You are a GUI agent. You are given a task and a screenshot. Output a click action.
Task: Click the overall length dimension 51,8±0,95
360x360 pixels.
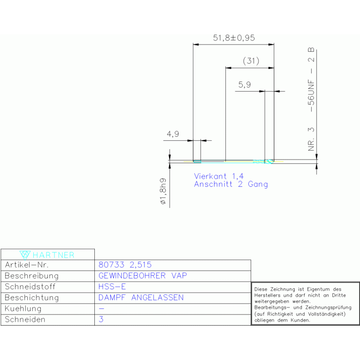[234, 38]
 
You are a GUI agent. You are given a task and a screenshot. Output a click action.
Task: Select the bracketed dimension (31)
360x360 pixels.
[251, 61]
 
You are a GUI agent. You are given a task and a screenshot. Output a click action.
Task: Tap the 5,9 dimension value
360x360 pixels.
[245, 84]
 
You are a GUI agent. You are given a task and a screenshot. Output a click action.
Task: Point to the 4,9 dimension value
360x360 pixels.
[173, 134]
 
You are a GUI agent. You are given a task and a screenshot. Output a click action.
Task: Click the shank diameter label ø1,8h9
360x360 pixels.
[163, 191]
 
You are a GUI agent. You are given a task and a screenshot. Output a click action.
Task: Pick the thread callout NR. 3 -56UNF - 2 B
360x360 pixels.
[311, 99]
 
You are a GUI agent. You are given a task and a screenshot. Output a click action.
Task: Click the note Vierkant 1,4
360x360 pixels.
[219, 176]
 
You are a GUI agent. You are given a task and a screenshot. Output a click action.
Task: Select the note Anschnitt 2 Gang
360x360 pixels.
[231, 184]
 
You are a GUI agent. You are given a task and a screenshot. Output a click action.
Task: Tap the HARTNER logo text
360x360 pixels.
[54, 255]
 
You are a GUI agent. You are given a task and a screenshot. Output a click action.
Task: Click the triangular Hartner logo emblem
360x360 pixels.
[25, 255]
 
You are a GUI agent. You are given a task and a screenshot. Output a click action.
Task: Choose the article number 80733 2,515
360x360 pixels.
[125, 265]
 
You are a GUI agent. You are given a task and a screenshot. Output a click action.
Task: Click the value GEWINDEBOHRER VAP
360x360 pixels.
[143, 276]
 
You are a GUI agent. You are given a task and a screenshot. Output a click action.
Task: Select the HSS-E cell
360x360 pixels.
[112, 286]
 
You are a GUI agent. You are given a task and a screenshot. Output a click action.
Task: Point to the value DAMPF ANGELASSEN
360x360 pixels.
[141, 298]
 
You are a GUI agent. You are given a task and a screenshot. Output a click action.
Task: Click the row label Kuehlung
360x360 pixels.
[23, 308]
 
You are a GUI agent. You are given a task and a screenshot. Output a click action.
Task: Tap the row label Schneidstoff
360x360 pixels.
[30, 286]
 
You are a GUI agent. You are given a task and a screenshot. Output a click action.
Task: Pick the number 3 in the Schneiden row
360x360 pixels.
[101, 319]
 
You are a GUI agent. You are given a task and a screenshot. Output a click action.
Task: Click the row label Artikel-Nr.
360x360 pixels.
[27, 265]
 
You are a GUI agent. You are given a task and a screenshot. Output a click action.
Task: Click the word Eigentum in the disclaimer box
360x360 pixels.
[318, 289]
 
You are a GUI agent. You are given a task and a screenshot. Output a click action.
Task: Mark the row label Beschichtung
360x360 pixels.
[32, 298]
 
